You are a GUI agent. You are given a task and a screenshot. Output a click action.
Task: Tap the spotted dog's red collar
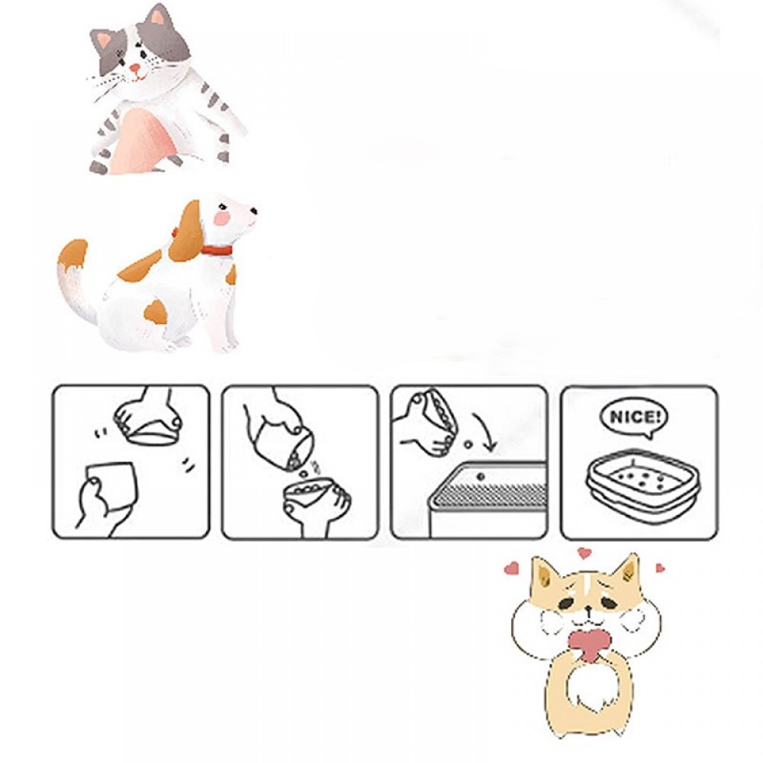(x=217, y=250)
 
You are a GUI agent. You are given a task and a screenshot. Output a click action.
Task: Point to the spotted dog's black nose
(x=253, y=211)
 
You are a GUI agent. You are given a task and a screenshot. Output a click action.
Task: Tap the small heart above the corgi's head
(x=584, y=553)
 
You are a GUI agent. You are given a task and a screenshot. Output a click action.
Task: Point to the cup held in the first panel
(x=111, y=487)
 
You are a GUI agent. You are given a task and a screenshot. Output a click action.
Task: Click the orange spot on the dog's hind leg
(x=156, y=311)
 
